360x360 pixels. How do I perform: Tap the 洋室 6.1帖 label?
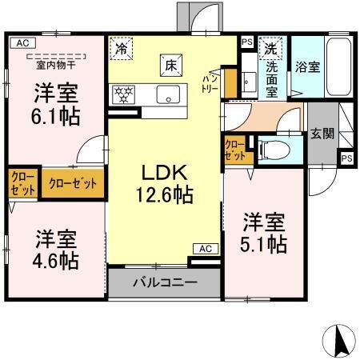[55, 103]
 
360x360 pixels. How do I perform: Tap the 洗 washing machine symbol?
[270, 47]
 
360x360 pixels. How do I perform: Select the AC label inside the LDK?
[203, 248]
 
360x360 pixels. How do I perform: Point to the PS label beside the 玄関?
[346, 158]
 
